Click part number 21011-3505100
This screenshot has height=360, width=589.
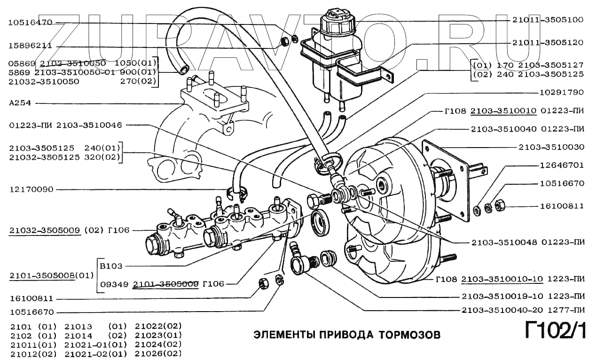[x=547, y=21]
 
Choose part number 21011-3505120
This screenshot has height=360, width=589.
[x=547, y=42]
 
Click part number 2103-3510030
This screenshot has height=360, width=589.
[x=551, y=147]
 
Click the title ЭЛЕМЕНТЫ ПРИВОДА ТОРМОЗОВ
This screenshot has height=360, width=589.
[x=347, y=335]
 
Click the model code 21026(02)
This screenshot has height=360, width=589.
[x=158, y=353]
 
